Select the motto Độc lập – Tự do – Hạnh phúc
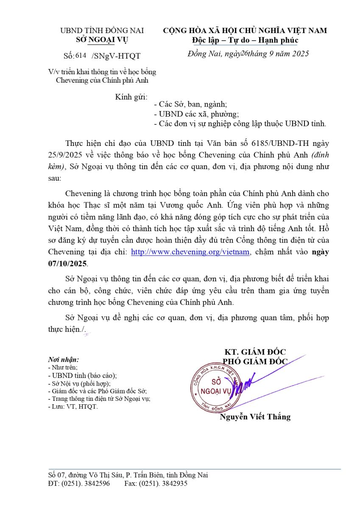tap(245, 40)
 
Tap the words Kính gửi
tap(128, 97)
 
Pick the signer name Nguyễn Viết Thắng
tap(255, 417)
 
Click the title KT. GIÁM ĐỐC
tap(255, 352)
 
